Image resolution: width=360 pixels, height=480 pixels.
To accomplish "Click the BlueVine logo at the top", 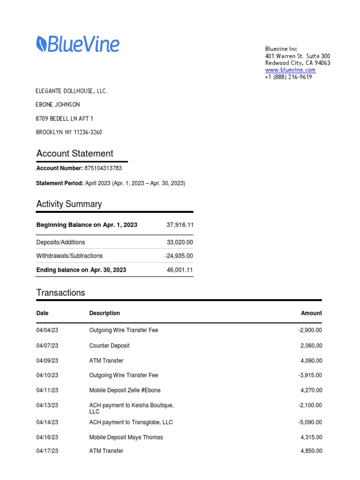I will [x=78, y=45].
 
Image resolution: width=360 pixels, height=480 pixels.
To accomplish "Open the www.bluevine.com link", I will [x=290, y=70].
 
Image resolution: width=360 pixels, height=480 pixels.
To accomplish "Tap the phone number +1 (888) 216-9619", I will [x=288, y=77].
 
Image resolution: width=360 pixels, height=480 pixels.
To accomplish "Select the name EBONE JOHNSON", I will [x=58, y=105].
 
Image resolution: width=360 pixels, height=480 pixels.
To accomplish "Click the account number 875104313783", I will [x=103, y=168].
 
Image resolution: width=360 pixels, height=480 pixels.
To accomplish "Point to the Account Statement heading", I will [x=75, y=154].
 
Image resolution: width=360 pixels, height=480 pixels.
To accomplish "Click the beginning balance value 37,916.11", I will [x=180, y=225].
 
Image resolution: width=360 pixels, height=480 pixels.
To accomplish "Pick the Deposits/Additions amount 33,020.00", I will [x=180, y=242].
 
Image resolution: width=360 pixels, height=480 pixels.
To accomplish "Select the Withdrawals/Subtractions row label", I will [x=69, y=256].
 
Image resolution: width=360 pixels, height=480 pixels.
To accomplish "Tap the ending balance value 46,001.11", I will [x=180, y=270].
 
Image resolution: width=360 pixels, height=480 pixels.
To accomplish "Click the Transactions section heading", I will [x=60, y=293].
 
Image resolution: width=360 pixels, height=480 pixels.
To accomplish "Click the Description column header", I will [x=105, y=313].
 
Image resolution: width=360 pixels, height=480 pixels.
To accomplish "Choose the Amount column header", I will [x=311, y=313].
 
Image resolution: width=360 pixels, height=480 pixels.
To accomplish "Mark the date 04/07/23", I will [x=47, y=345].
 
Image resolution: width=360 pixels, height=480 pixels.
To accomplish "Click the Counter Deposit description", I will [x=109, y=345].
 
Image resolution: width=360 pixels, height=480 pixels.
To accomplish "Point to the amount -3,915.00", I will [x=310, y=375].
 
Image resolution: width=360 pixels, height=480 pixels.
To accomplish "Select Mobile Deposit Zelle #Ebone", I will [x=125, y=390].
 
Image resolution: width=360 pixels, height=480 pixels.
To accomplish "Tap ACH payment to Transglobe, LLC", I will [x=131, y=422].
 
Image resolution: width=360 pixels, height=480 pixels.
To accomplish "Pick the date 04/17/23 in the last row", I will [x=47, y=451].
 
